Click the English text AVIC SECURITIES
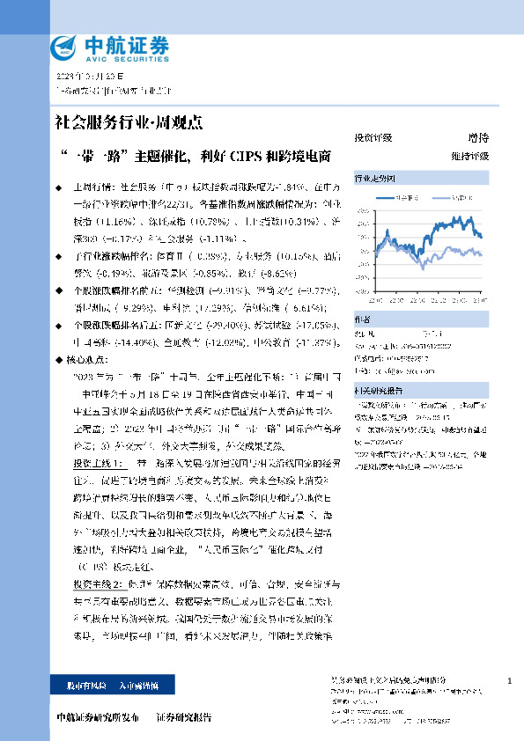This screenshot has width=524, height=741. point(120,57)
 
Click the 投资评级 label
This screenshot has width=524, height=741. point(373,138)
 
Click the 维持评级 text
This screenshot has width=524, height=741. point(471,156)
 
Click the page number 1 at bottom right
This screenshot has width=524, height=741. point(511,682)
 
